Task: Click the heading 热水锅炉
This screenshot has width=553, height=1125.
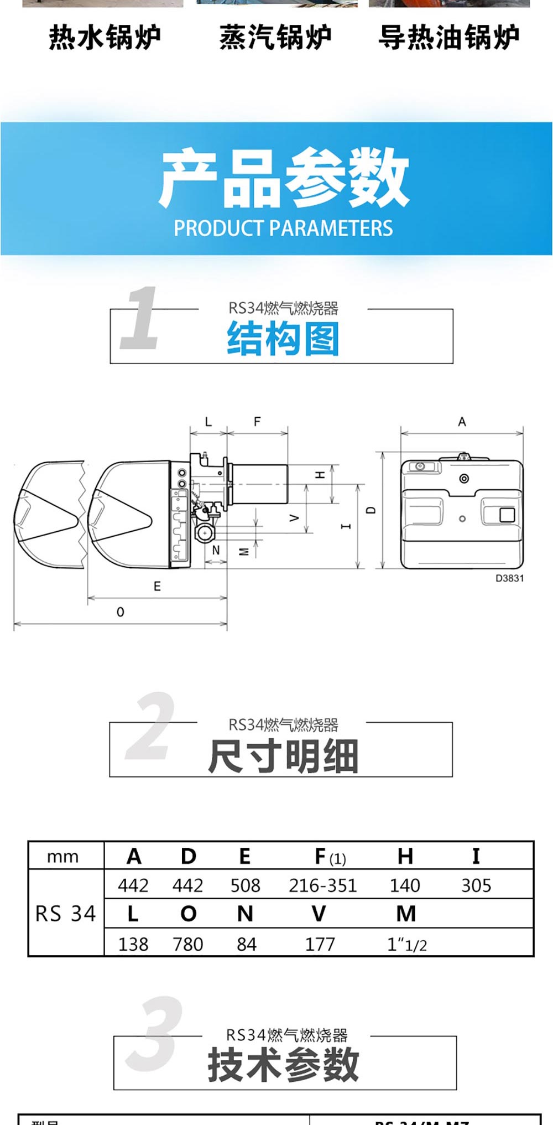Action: click(x=105, y=38)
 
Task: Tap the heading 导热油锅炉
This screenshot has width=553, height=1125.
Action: click(x=448, y=38)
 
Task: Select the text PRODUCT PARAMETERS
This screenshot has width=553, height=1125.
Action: click(x=283, y=228)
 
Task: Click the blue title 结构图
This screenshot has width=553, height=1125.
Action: click(x=283, y=339)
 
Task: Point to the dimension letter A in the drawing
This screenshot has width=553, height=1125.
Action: click(x=462, y=422)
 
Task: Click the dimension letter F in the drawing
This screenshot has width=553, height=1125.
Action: click(x=257, y=422)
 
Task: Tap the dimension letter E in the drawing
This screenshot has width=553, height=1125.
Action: click(x=157, y=586)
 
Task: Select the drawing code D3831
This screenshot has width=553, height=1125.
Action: click(x=509, y=578)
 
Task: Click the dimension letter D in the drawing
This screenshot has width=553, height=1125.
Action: click(x=371, y=510)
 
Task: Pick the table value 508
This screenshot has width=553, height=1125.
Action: click(x=245, y=885)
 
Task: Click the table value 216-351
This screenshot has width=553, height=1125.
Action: click(x=323, y=885)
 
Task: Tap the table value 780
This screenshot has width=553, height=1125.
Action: click(x=188, y=944)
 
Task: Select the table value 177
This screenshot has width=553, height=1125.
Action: click(x=320, y=944)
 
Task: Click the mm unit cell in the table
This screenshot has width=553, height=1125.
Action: click(x=63, y=857)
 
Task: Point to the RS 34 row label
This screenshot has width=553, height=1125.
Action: click(x=65, y=914)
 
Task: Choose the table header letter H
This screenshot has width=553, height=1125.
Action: click(x=405, y=857)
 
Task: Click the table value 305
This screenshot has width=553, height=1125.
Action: click(x=476, y=885)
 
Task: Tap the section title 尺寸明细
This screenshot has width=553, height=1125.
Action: click(x=283, y=756)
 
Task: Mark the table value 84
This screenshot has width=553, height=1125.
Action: click(x=246, y=944)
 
